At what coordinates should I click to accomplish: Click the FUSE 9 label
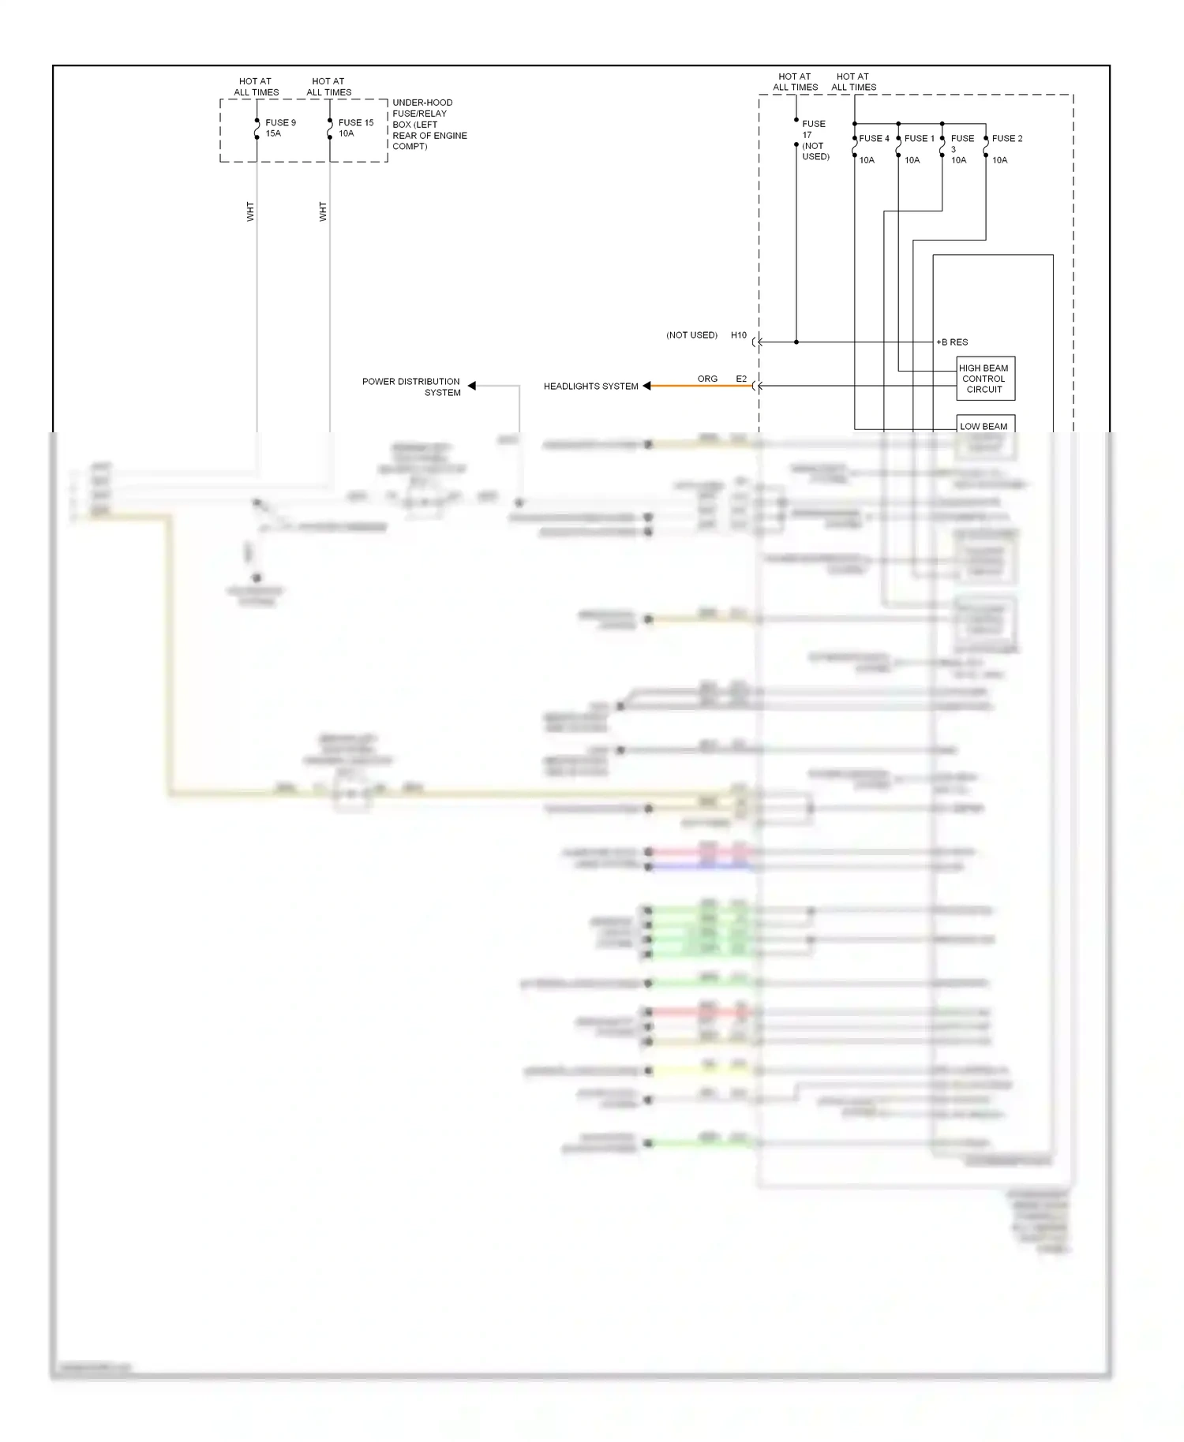(280, 123)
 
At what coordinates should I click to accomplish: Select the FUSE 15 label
(356, 123)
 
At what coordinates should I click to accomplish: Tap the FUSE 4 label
(874, 139)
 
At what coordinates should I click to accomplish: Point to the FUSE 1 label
(919, 139)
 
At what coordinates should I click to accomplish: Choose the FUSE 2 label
(1007, 139)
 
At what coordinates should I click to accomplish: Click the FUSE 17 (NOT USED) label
(815, 140)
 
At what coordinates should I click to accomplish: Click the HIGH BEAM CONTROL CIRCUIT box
(984, 379)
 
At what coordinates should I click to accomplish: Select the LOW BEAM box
(984, 426)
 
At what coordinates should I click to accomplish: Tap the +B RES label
(952, 342)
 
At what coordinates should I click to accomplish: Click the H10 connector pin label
(738, 335)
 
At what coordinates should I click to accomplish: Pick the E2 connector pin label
(741, 379)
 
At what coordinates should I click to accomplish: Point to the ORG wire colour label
(707, 379)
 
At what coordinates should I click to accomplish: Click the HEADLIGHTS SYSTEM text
(590, 387)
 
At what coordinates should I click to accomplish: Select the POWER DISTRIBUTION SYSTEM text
(411, 387)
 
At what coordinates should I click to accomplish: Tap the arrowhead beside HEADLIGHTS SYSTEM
(646, 386)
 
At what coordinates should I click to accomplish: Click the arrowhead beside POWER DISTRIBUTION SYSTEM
(472, 386)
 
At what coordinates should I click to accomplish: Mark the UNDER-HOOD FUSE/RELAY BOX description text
(429, 125)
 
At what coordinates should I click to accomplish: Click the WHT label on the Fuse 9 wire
(250, 211)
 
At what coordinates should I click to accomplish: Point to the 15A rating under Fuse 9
(273, 134)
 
